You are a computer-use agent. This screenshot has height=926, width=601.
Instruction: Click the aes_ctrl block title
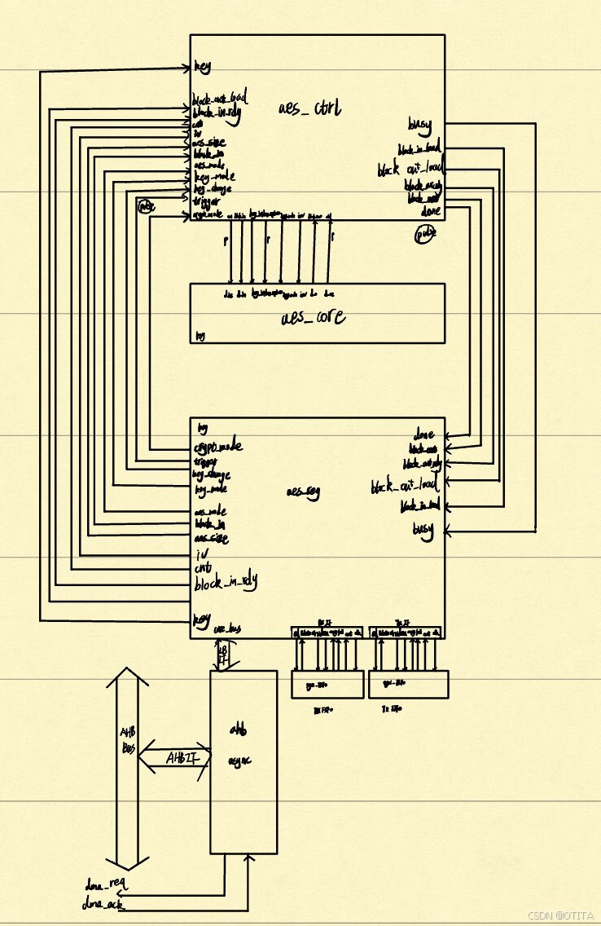point(309,108)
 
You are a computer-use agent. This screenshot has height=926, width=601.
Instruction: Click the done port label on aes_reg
point(424,434)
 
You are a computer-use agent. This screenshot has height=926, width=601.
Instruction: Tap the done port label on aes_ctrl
point(431,211)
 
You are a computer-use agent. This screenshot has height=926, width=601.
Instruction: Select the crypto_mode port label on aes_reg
point(219,447)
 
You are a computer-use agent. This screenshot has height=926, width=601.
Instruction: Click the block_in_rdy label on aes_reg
point(226,583)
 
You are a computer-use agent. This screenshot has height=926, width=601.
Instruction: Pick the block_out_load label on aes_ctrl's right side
point(409,170)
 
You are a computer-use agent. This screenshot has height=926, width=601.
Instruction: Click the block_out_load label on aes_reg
point(404,487)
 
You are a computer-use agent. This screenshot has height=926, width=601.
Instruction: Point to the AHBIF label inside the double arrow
point(180,758)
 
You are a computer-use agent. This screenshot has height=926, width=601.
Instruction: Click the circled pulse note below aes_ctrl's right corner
point(426,233)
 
